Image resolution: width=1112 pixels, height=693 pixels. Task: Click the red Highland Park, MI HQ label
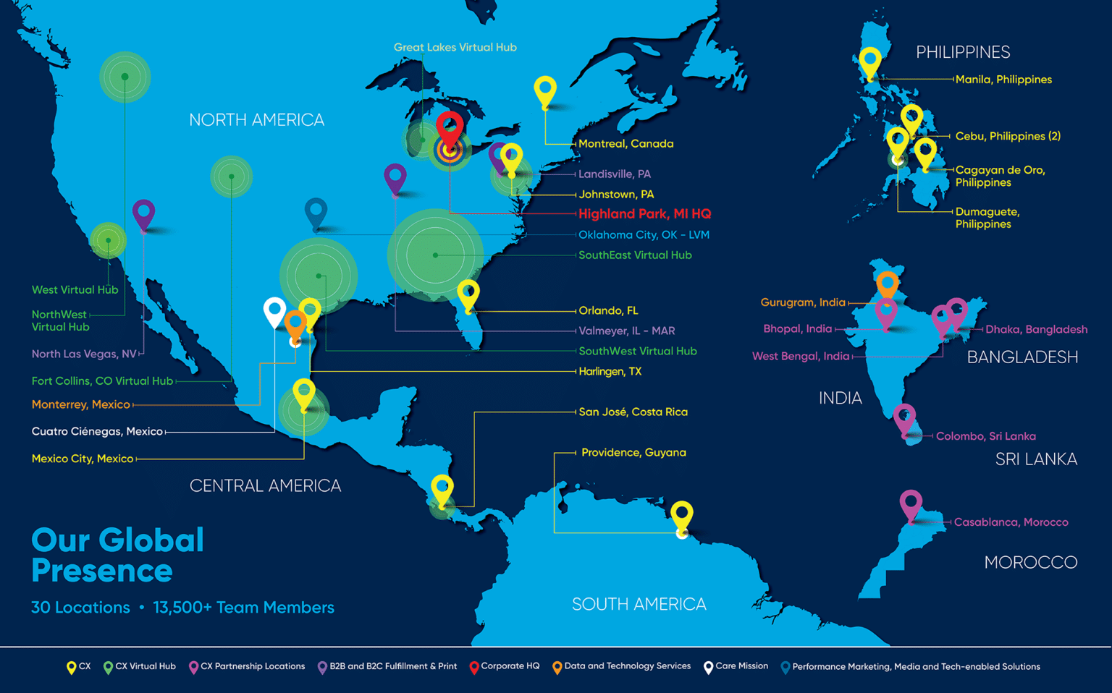[644, 214]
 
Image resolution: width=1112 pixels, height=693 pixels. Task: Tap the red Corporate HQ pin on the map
[450, 128]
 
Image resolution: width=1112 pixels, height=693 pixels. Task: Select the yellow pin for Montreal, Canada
[545, 90]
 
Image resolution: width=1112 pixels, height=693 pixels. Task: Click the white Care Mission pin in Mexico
[274, 311]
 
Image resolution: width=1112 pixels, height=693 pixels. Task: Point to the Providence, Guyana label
[633, 453]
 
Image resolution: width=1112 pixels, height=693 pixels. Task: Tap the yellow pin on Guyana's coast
[681, 515]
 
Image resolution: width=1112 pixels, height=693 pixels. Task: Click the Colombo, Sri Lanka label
[985, 436]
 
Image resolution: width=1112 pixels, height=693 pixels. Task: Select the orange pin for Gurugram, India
[888, 284]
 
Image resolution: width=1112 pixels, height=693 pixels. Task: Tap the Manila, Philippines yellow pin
[870, 61]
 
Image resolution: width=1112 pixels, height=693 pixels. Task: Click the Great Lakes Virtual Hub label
[455, 48]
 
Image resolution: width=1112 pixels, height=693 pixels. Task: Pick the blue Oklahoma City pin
[316, 211]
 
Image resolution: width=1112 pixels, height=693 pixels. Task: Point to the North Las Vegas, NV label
[84, 354]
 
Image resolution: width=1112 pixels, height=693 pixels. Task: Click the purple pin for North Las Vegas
[143, 213]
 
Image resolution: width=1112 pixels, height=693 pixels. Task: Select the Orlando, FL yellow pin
[468, 294]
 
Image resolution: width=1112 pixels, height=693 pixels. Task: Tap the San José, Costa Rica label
[633, 412]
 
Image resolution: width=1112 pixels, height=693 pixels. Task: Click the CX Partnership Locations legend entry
[247, 667]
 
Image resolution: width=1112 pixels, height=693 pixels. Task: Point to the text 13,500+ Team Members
[243, 608]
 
